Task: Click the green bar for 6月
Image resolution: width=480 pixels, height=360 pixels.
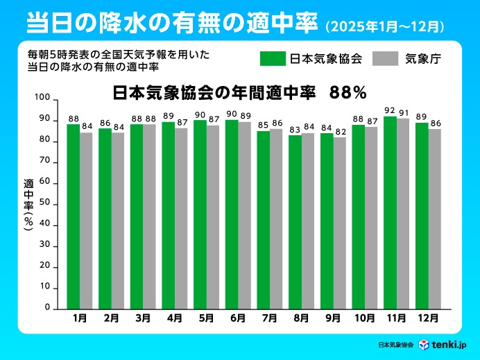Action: click(232, 214)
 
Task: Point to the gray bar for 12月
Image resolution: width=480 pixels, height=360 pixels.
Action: click(434, 218)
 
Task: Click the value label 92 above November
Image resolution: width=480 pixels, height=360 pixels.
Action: click(390, 110)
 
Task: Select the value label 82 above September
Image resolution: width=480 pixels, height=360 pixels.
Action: click(339, 131)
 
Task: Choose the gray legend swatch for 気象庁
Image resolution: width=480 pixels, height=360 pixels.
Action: click(385, 58)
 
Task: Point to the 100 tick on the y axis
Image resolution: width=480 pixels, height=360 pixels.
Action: click(42, 99)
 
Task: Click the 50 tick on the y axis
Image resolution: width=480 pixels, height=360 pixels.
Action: click(44, 203)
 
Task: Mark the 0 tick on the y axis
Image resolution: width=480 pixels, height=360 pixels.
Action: click(47, 307)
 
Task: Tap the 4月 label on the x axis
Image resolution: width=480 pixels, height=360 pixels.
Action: click(175, 318)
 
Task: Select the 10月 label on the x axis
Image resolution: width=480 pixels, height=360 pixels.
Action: click(364, 318)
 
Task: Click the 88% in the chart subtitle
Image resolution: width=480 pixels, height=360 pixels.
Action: click(348, 91)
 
